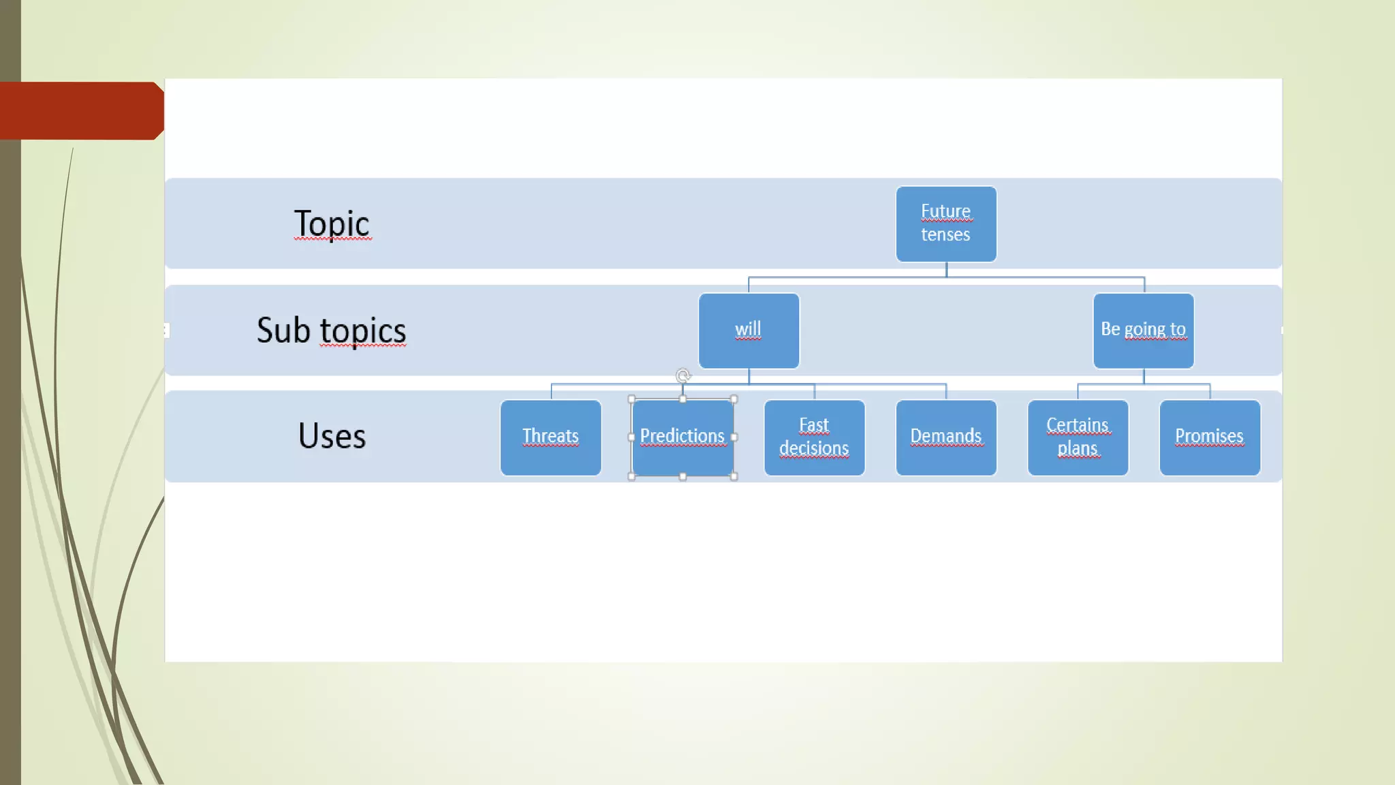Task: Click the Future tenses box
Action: click(x=946, y=224)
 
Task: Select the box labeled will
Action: click(x=749, y=330)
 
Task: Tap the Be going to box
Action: click(x=1143, y=330)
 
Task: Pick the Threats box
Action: click(x=550, y=437)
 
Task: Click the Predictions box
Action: click(x=683, y=437)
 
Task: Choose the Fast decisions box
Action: click(x=814, y=437)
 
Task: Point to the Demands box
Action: click(x=946, y=437)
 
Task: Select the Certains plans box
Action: click(x=1078, y=437)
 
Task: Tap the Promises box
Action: click(x=1210, y=437)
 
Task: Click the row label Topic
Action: click(x=332, y=224)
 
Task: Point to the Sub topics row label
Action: click(x=331, y=330)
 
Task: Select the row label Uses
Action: click(x=332, y=436)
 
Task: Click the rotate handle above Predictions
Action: click(x=683, y=375)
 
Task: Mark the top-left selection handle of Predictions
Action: click(x=631, y=399)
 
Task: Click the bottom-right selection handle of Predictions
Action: click(x=734, y=476)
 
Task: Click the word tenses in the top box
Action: click(x=945, y=235)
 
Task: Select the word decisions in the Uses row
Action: click(x=814, y=448)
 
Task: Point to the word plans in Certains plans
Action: click(x=1078, y=448)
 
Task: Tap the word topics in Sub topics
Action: click(x=363, y=331)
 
